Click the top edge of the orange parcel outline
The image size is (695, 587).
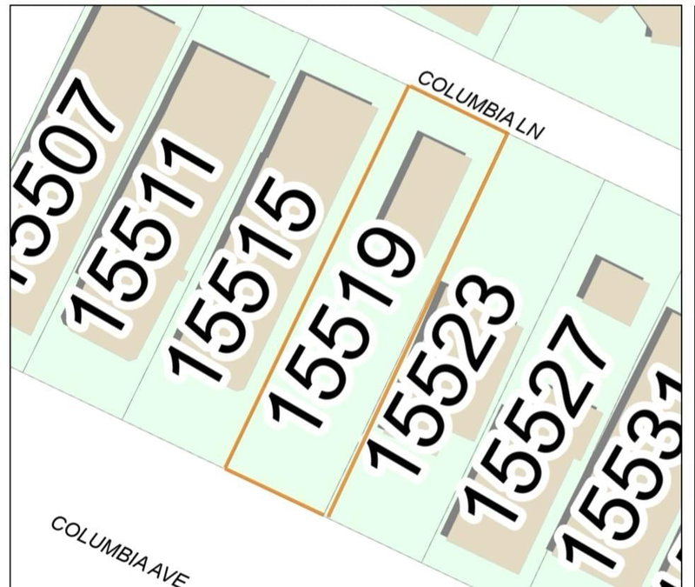pos(456,109)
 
